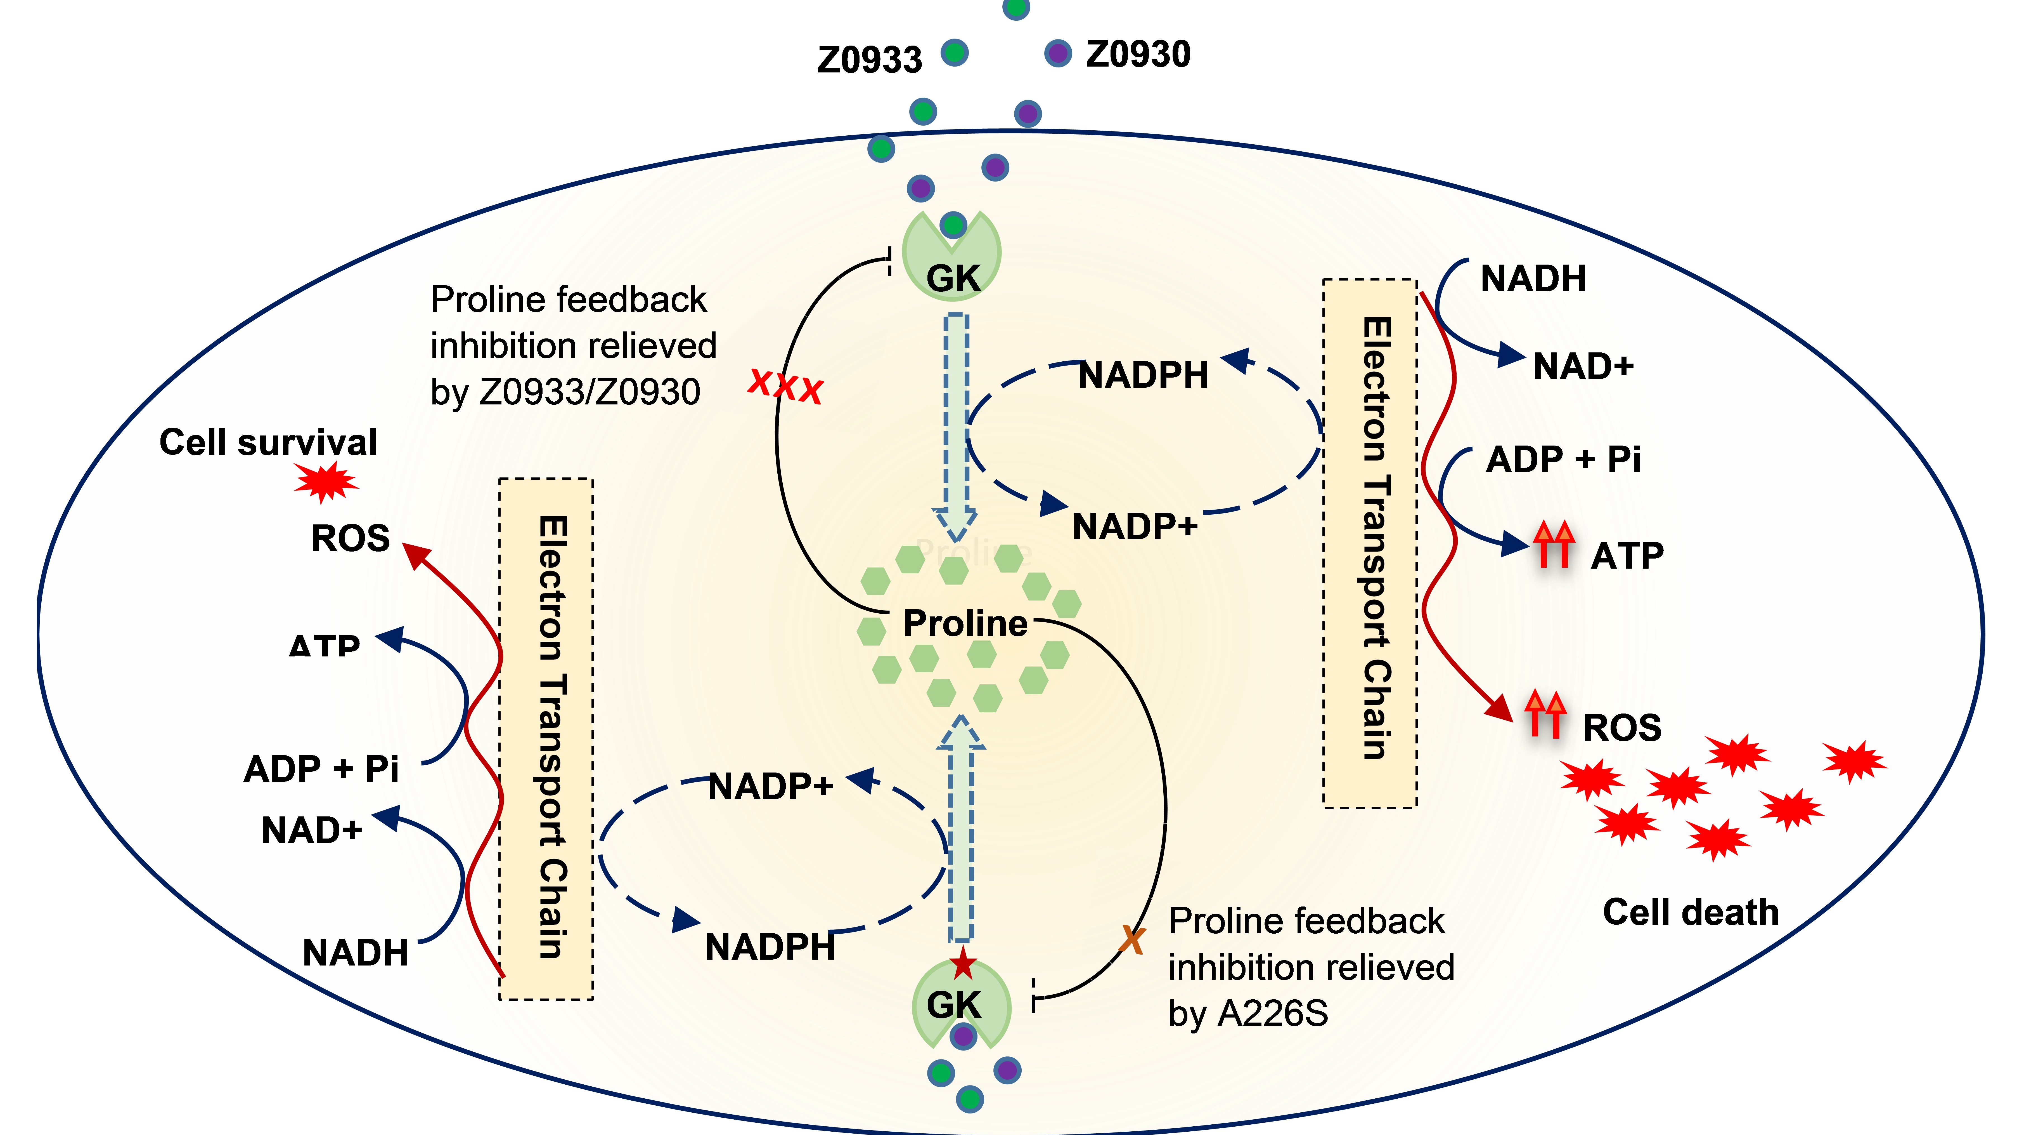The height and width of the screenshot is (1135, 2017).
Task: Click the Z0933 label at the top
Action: tap(869, 60)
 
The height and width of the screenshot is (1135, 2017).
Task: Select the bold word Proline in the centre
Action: tap(965, 623)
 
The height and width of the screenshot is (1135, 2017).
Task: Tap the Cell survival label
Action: tap(268, 442)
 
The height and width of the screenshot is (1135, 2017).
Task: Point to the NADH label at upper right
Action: tap(1532, 279)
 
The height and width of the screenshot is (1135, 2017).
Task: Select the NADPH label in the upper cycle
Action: tap(1143, 375)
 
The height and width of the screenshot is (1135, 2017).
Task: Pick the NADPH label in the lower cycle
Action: tap(770, 947)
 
